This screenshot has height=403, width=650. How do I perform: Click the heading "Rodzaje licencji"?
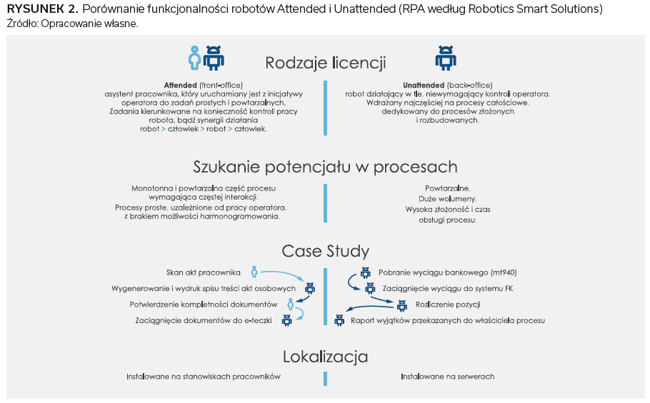tap(326, 63)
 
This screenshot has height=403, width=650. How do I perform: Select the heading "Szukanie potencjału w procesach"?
tap(325, 167)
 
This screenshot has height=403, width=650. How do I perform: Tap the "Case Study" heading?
tap(325, 251)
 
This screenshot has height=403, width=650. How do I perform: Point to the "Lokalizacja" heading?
tap(325, 356)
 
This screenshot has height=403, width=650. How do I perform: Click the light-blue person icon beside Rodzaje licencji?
tap(194, 58)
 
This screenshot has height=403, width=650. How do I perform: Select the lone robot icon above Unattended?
tap(446, 58)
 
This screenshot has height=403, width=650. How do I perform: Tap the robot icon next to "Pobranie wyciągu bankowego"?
tap(366, 272)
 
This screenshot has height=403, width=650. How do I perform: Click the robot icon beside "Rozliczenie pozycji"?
tap(401, 305)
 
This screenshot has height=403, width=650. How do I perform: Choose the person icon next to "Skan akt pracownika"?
tap(254, 272)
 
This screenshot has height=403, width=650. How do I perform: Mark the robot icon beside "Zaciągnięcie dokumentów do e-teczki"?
tap(287, 321)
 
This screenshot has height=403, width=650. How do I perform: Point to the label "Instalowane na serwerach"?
tap(447, 377)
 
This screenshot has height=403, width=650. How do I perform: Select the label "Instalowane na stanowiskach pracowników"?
tap(204, 377)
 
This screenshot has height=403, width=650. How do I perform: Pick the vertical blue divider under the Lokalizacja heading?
tap(325, 377)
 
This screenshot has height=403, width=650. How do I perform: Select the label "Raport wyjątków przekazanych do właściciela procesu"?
tap(448, 321)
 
